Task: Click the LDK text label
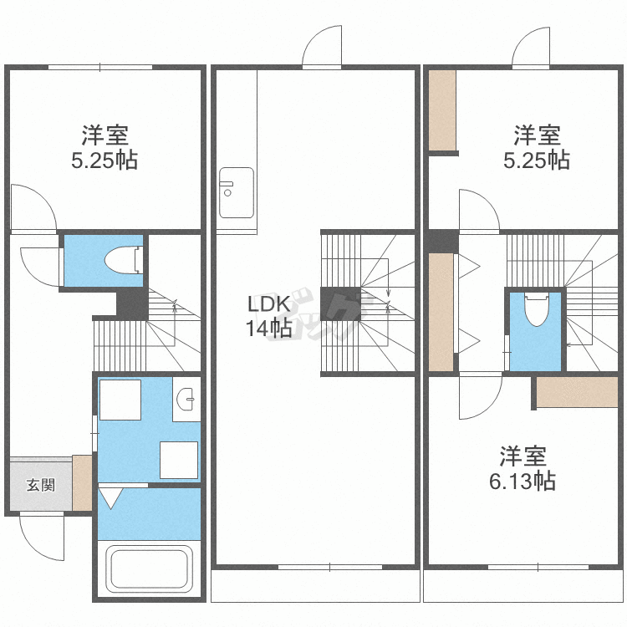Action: coord(267,303)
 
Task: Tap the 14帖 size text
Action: coord(268,329)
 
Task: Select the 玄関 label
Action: coord(39,484)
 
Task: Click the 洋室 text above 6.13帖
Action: coord(523,456)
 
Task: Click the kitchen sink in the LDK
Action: coord(237,192)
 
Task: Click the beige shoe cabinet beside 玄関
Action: coord(82,483)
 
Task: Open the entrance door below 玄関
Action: coord(42,535)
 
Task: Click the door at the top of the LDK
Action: coord(322,48)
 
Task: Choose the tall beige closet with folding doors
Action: coord(440,311)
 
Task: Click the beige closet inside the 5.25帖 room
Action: coord(442,110)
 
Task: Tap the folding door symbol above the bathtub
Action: coord(110,499)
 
